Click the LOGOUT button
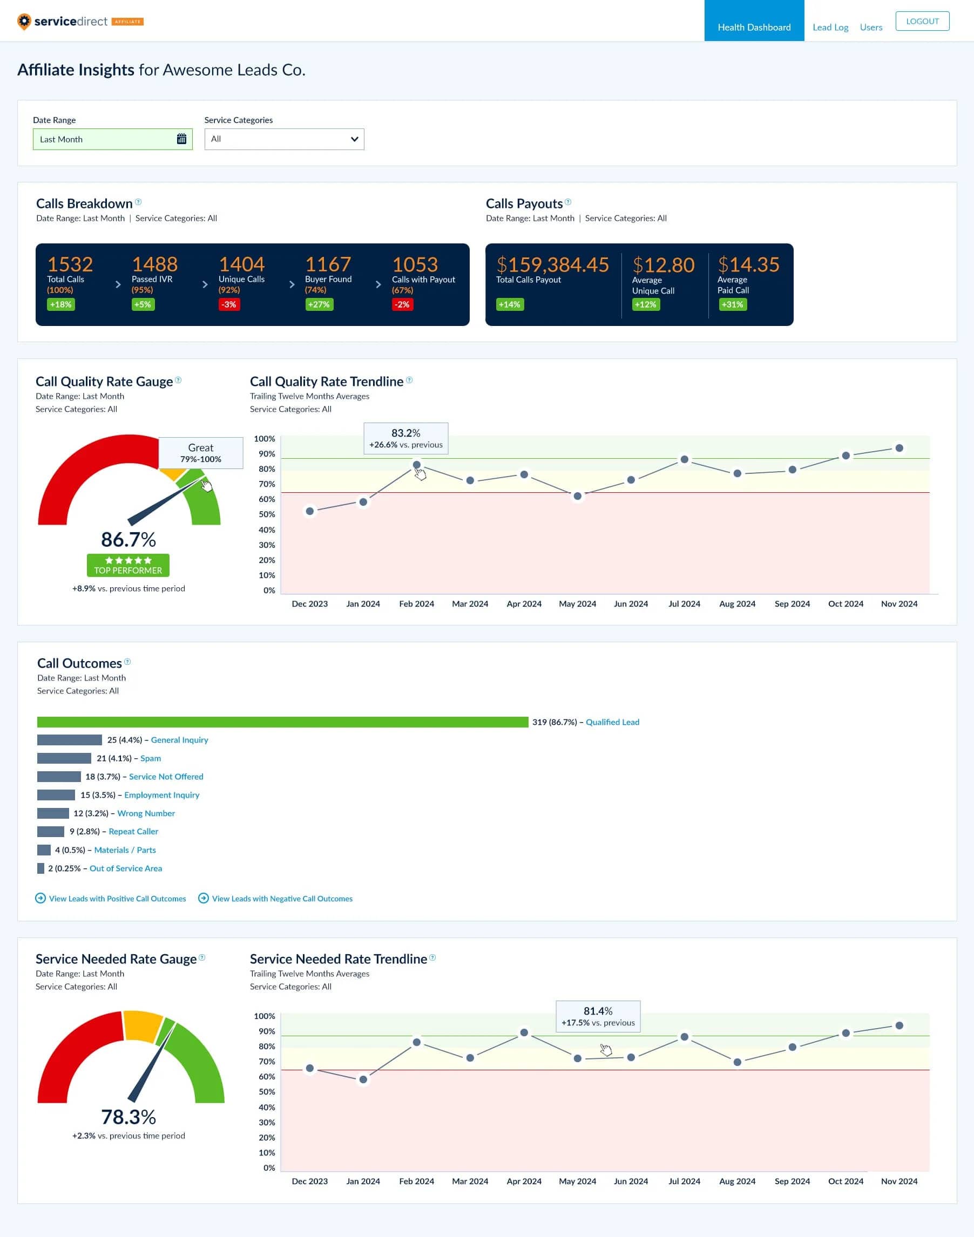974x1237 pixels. coord(922,21)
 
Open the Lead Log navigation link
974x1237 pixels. coord(830,28)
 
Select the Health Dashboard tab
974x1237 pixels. coord(753,28)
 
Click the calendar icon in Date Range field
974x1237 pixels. coord(181,139)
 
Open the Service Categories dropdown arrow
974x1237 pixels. coord(354,139)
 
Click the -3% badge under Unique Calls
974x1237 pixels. coord(229,304)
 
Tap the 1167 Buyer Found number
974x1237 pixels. coord(327,264)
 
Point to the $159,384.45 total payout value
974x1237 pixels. coord(552,264)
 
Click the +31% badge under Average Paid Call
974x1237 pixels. coord(732,304)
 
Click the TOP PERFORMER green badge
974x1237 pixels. coord(128,565)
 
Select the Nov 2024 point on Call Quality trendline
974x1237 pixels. coord(899,448)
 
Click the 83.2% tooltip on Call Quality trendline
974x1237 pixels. coord(405,438)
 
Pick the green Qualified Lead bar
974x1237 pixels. coord(282,722)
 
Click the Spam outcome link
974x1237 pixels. coord(151,758)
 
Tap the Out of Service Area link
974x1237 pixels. coord(125,868)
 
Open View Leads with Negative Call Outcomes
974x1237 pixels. coord(282,899)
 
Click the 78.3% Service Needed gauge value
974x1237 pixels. coord(128,1117)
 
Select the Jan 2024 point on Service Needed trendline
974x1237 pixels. coord(363,1079)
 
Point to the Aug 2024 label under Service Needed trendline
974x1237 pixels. coord(737,1181)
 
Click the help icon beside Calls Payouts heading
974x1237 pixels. coord(567,202)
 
